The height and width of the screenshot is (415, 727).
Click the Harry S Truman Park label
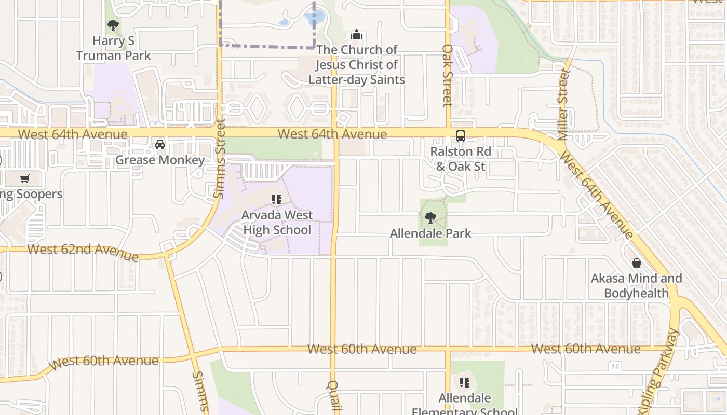pyautogui.click(x=113, y=48)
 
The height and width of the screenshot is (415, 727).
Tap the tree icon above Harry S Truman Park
pyautogui.click(x=113, y=25)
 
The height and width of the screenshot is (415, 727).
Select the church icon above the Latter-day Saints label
pyautogui.click(x=357, y=34)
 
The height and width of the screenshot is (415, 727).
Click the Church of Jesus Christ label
pyautogui.click(x=357, y=65)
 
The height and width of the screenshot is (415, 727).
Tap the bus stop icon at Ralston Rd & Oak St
pyautogui.click(x=460, y=136)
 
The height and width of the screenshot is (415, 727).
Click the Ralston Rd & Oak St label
pyautogui.click(x=461, y=159)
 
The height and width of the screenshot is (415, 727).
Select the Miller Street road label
pyautogui.click(x=563, y=104)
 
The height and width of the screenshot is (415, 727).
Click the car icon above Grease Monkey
pyautogui.click(x=160, y=144)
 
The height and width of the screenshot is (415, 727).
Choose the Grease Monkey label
pyautogui.click(x=160, y=160)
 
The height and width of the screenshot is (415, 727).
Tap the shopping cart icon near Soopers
pyautogui.click(x=24, y=179)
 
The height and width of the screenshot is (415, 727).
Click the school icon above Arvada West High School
pyautogui.click(x=277, y=199)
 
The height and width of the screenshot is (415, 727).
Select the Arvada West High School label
pyautogui.click(x=277, y=223)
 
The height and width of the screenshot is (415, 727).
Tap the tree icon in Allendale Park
pyautogui.click(x=430, y=218)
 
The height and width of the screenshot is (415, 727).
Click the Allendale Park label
pyautogui.click(x=430, y=233)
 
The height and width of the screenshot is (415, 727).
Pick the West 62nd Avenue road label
pyautogui.click(x=83, y=252)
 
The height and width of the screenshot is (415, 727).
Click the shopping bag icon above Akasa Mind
pyautogui.click(x=636, y=263)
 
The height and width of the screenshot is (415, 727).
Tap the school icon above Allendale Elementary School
pyautogui.click(x=465, y=383)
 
